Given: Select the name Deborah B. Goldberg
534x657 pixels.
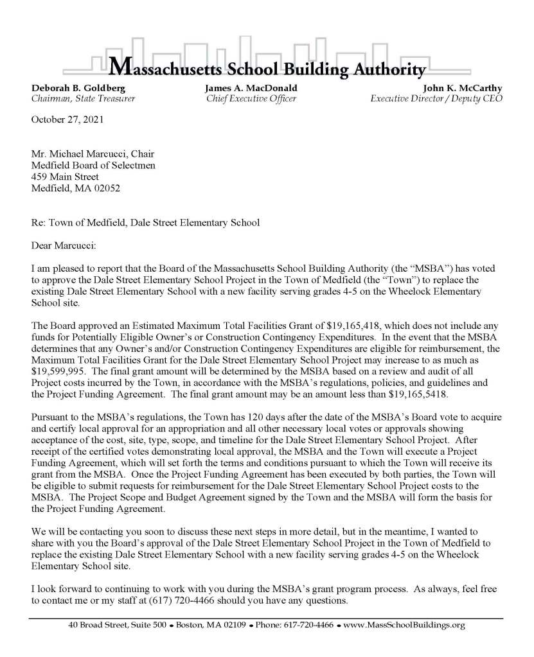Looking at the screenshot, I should coord(69,87).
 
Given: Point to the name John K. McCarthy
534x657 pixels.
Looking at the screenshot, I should coord(462,87).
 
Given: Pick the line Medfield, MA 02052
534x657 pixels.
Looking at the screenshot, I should coord(75,188).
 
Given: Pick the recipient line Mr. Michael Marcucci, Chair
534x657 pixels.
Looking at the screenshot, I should coord(93,153).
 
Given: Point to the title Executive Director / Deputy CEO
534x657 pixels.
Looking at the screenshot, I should coord(436,98).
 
